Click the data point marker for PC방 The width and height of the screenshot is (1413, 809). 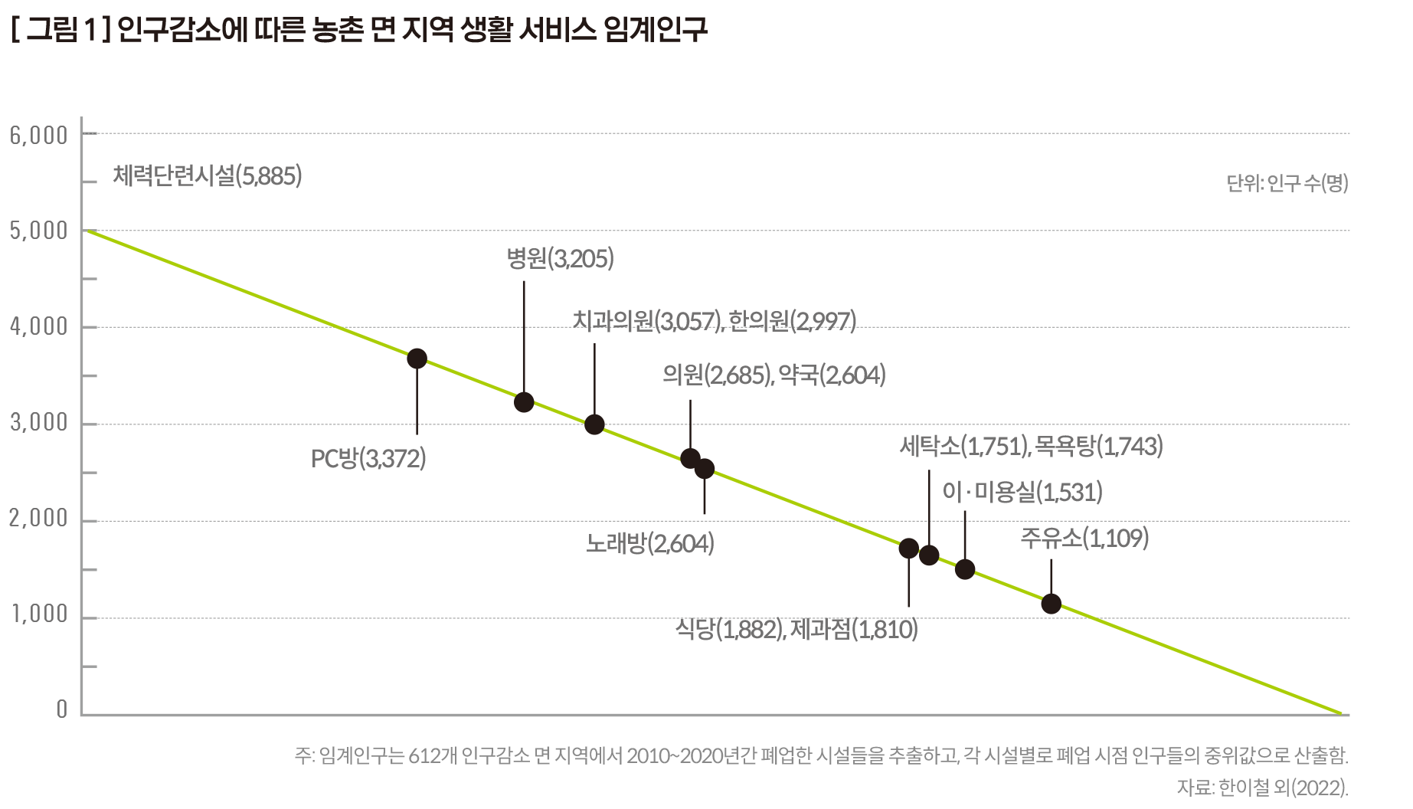(417, 359)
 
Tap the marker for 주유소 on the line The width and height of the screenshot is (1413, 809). (1051, 604)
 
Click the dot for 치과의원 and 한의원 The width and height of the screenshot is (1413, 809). (594, 424)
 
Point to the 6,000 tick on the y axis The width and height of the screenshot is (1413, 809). (39, 136)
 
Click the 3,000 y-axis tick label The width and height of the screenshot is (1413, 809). (39, 423)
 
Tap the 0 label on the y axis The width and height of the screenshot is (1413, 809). (62, 710)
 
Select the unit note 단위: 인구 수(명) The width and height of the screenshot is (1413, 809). (1287, 184)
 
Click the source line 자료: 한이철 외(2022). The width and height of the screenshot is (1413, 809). (1262, 788)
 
